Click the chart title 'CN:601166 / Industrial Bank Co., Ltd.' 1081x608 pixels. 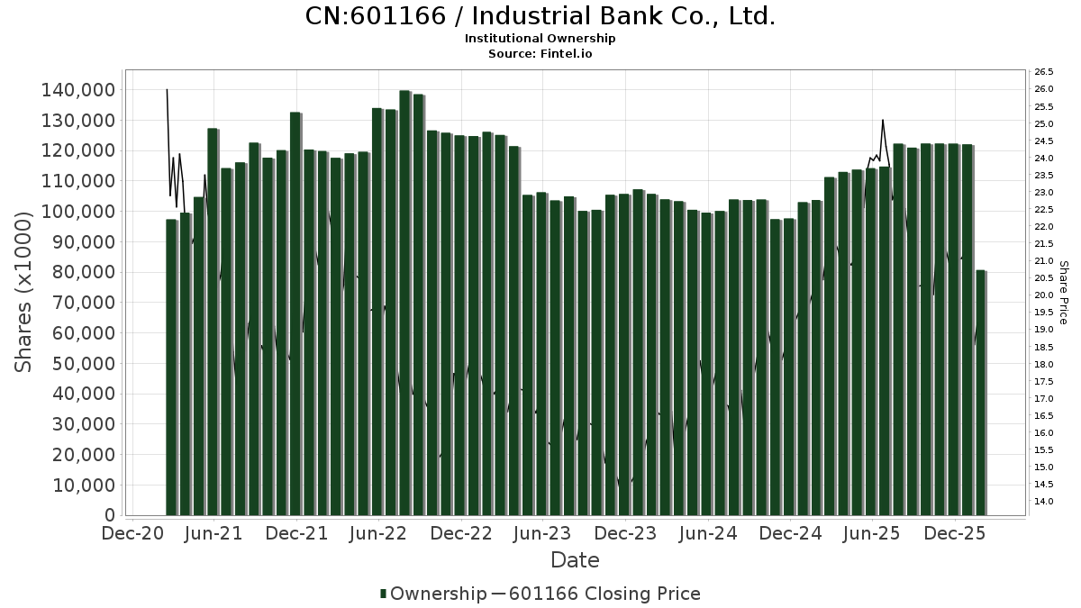(x=540, y=16)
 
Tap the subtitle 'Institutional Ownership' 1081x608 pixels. (x=540, y=39)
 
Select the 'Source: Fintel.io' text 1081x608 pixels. (x=540, y=54)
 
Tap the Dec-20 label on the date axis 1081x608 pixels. (x=133, y=533)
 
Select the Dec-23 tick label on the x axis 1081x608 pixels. (x=626, y=533)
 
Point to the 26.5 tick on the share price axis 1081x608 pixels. (x=1044, y=72)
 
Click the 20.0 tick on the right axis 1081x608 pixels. (x=1044, y=295)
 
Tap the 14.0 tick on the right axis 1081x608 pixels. (x=1044, y=502)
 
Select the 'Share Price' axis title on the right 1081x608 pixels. (x=1064, y=292)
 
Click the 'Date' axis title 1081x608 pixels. (x=575, y=560)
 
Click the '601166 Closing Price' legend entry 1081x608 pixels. (x=604, y=594)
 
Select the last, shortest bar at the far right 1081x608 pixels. (x=981, y=393)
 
